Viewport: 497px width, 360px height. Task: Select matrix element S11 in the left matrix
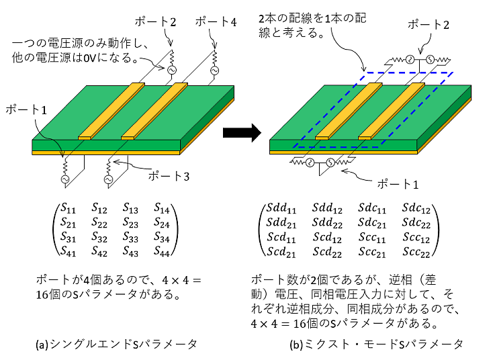[69, 208]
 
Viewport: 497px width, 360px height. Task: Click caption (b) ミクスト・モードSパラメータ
[376, 344]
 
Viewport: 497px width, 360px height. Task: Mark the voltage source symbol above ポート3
[107, 179]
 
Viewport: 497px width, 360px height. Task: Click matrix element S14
[162, 208]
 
